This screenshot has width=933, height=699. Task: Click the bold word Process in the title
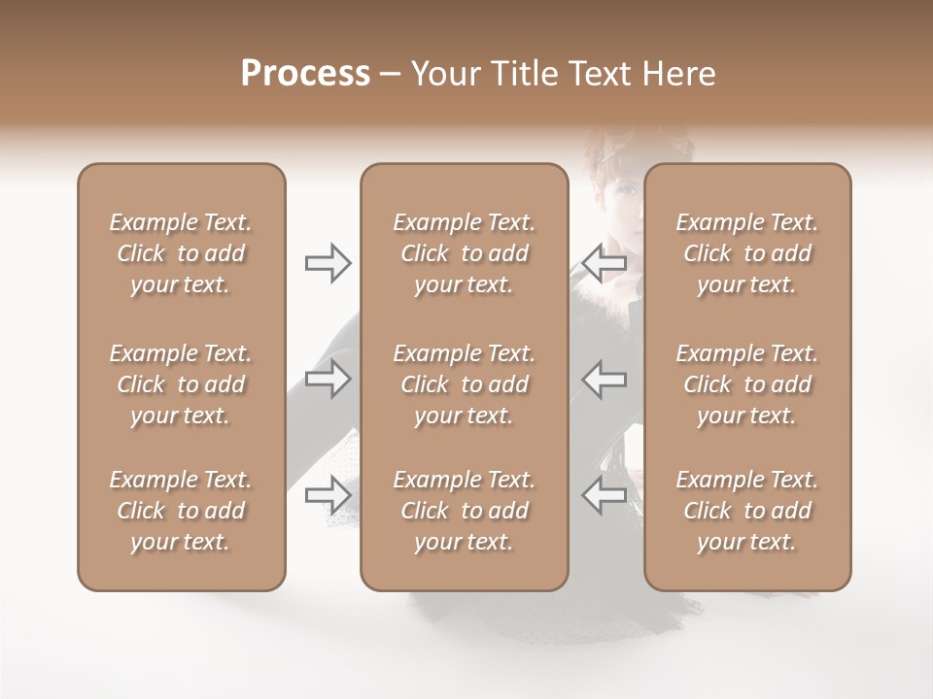click(305, 74)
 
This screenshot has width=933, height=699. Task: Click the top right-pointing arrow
click(328, 263)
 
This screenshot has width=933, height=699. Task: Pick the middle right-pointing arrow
click(328, 379)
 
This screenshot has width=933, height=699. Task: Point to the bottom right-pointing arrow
click(328, 495)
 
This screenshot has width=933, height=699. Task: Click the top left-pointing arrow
click(604, 263)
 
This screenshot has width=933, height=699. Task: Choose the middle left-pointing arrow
click(604, 379)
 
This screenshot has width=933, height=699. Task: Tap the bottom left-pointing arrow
click(604, 495)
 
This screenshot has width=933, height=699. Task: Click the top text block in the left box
click(181, 253)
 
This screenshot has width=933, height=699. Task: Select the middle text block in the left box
click(181, 384)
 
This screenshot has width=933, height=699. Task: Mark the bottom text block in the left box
click(181, 511)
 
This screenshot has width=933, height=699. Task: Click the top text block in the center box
click(464, 253)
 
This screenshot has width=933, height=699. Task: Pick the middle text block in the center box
click(464, 384)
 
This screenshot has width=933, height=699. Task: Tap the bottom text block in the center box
click(464, 511)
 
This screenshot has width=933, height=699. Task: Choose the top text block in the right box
click(746, 253)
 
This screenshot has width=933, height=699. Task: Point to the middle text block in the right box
click(746, 384)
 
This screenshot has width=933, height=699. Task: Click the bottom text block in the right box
click(746, 511)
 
